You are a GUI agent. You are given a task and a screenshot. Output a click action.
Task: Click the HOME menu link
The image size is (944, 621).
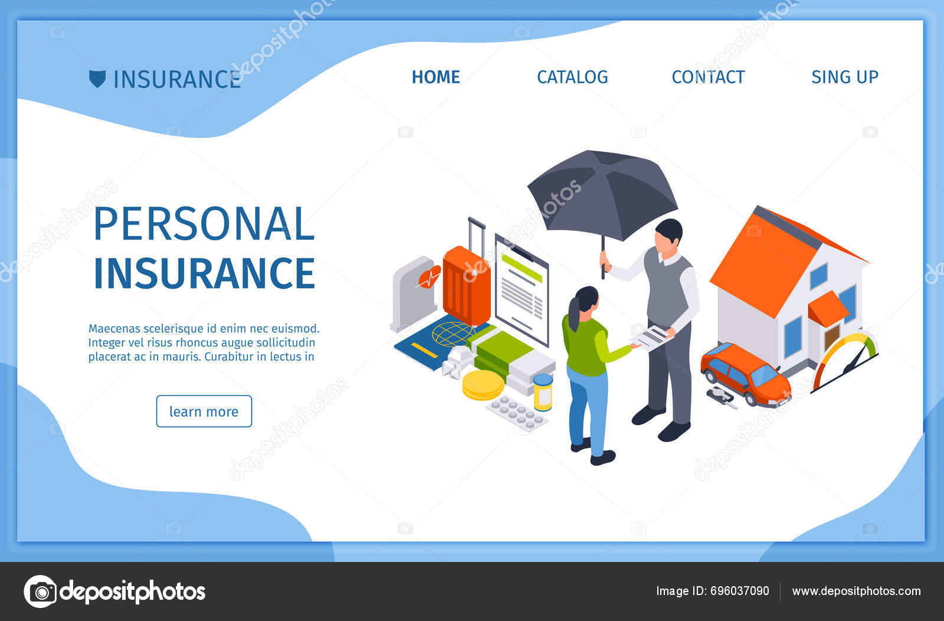(436, 77)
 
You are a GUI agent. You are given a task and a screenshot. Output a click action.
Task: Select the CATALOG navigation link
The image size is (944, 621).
(572, 77)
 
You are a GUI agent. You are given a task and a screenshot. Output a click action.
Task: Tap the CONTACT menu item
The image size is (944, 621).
(708, 77)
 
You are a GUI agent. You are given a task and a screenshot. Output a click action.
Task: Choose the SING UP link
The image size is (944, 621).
(845, 77)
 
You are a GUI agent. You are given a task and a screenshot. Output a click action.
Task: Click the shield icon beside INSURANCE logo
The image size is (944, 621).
(97, 79)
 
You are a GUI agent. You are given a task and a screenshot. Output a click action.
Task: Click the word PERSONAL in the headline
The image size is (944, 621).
(204, 224)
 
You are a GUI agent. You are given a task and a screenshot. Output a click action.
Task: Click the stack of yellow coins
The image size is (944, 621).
(483, 385)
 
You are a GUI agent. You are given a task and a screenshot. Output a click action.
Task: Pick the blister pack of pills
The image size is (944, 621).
(517, 413)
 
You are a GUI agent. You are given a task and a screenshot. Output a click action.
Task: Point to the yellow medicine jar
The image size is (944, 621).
(543, 392)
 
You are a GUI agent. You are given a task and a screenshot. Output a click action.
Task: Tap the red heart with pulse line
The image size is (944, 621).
(430, 277)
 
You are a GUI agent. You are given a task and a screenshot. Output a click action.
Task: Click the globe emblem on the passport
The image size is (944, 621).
(453, 334)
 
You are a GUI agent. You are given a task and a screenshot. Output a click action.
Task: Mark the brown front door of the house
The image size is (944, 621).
(831, 337)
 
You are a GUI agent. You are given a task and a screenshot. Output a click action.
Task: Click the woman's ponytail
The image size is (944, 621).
(574, 313)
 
